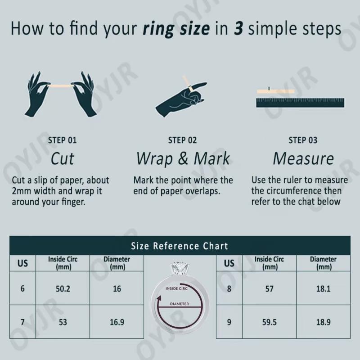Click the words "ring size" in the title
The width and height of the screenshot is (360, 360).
[176, 29]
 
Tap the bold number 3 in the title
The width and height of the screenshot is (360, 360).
[238, 28]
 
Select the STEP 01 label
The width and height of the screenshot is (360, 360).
[62, 140]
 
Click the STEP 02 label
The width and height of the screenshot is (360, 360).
[183, 140]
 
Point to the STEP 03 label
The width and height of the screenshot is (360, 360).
[303, 140]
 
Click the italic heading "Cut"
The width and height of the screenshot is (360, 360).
[62, 159]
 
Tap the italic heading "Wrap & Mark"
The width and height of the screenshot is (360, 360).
[183, 159]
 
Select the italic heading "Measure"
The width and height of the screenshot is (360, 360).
[303, 159]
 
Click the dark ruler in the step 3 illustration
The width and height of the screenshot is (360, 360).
[300, 103]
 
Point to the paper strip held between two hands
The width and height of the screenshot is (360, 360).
[61, 86]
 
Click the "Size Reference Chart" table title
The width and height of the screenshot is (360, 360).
[180, 246]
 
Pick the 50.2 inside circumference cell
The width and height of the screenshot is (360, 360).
[63, 288]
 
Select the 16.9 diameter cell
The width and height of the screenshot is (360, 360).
[117, 322]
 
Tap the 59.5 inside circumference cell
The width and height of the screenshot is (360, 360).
[269, 322]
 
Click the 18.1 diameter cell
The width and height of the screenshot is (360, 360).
[323, 288]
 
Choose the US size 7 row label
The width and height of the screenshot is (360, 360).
[22, 322]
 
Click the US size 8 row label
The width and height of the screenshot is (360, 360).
[229, 288]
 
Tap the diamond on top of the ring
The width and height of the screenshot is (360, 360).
[180, 269]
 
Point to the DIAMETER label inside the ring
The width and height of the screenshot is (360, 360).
[180, 304]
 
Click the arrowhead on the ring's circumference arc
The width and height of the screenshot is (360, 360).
[159, 299]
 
